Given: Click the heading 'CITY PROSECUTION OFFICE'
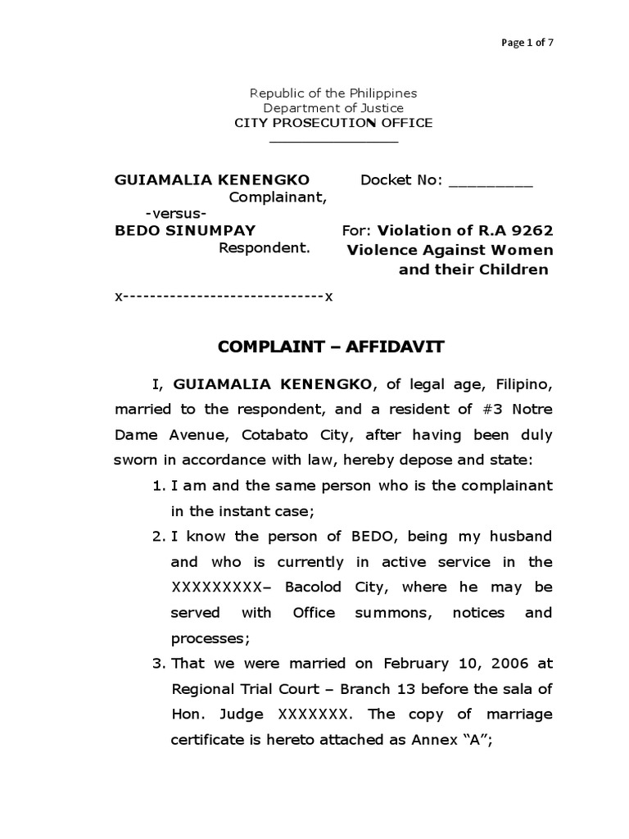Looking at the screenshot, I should (333, 123).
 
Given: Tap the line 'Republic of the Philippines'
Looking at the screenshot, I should (333, 93).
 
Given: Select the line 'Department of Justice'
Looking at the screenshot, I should (333, 108).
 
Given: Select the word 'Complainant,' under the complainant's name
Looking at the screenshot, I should (278, 197).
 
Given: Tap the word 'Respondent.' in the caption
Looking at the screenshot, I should (265, 247).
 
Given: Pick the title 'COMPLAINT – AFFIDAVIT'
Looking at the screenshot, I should (331, 347).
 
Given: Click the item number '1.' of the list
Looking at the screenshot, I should (159, 486).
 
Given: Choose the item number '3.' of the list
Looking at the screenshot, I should (159, 663).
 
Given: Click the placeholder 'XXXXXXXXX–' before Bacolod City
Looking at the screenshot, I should (216, 587).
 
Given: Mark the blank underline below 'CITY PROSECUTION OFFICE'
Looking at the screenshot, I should (333, 142).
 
